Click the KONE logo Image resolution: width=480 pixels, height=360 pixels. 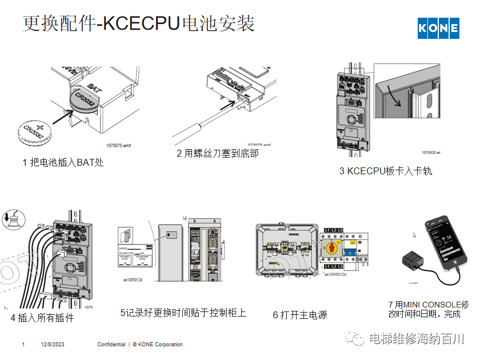438,27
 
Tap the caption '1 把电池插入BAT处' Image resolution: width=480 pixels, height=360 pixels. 63,162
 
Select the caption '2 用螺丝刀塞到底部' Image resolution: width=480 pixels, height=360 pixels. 217,153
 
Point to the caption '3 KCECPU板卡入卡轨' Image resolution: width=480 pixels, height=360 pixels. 386,171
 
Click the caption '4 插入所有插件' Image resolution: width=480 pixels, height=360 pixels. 42,317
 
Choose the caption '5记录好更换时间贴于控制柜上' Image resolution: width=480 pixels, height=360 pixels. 183,313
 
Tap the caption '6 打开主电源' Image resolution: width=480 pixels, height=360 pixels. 299,315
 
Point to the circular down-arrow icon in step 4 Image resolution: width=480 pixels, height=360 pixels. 14,219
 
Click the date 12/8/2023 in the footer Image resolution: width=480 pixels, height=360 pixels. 53,345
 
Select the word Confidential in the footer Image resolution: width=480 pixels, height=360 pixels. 111,345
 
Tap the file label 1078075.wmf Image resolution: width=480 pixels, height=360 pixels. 118,146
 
